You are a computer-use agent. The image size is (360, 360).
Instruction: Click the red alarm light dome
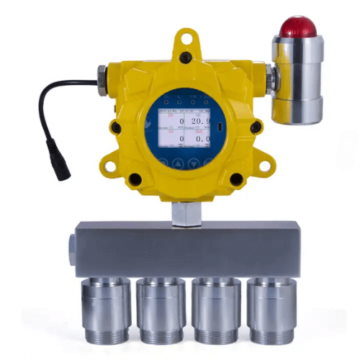point(299,27)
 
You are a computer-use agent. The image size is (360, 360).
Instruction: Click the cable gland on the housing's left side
point(102,73)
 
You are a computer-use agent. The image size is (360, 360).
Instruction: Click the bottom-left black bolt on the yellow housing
point(135,179)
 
